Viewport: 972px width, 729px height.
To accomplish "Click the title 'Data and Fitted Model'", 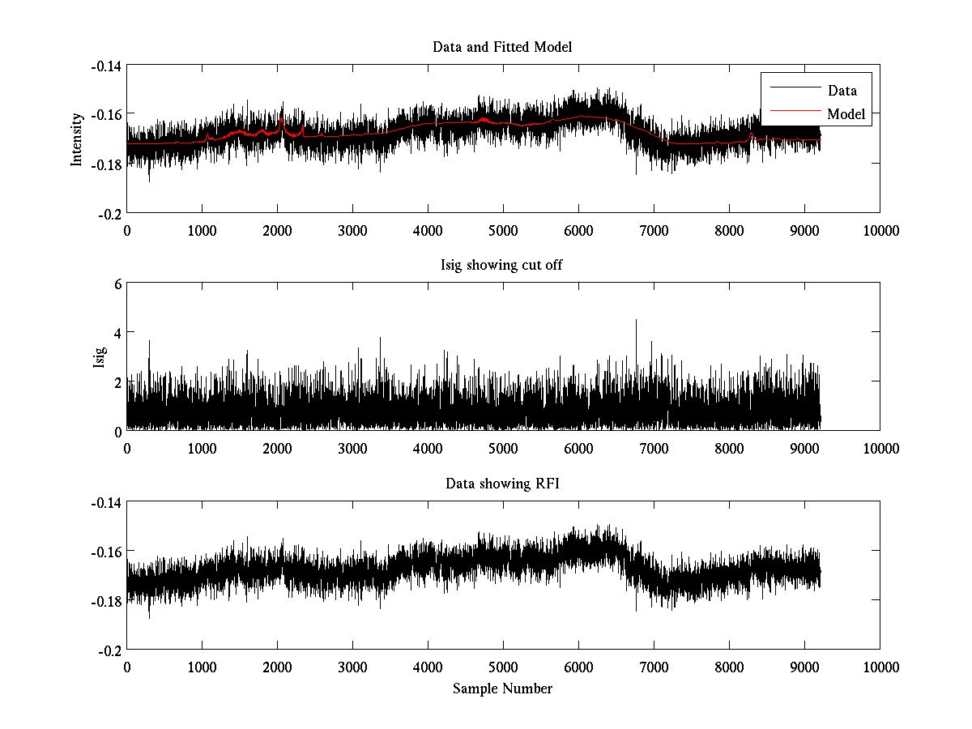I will tap(502, 47).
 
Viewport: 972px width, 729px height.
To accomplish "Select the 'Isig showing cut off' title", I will tap(502, 266).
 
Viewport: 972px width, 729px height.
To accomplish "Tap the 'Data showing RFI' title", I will tap(502, 484).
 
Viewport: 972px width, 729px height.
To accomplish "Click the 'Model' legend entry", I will tap(846, 114).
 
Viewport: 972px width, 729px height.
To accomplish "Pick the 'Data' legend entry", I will tap(842, 91).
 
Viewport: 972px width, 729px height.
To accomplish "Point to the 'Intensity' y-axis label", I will tap(77, 139).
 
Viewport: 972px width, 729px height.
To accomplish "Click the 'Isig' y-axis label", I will tap(99, 357).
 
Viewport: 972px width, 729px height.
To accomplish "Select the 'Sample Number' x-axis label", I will tap(502, 688).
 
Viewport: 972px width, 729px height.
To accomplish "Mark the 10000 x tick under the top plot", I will tap(880, 230).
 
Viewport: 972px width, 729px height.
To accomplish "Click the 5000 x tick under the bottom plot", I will tap(503, 667).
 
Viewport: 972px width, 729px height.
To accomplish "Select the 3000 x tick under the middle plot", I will tap(352, 449).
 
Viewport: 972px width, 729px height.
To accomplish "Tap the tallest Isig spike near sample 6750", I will tap(636, 321).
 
